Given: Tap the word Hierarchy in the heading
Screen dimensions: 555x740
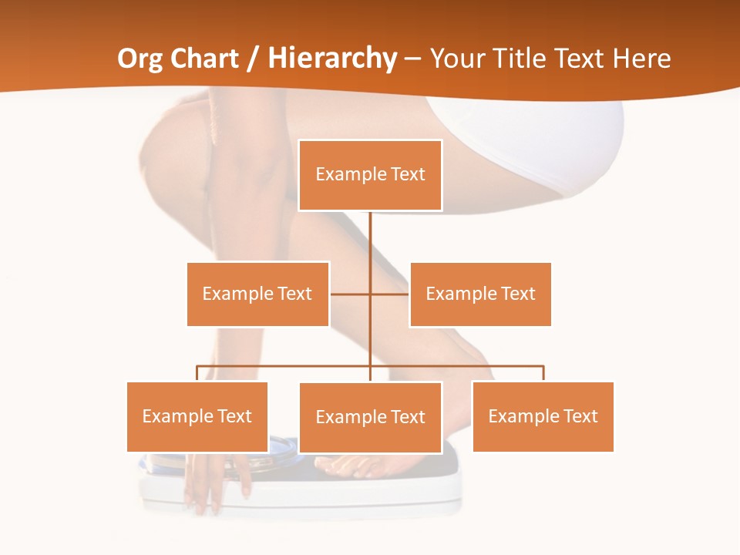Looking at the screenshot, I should [x=332, y=59].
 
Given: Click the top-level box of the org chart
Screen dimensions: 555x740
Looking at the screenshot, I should [x=370, y=174].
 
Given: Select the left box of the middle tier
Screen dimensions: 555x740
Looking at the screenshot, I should [x=257, y=294].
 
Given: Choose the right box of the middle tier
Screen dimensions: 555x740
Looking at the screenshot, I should [x=480, y=294].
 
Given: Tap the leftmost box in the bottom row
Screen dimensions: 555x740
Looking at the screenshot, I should [x=197, y=416].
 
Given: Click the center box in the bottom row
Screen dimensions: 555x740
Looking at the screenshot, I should [x=370, y=417].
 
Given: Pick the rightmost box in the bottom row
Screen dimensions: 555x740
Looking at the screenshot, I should [x=543, y=416].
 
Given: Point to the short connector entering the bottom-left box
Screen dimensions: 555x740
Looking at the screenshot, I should [x=197, y=374].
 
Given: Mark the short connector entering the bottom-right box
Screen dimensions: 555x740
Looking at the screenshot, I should [x=543, y=374].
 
